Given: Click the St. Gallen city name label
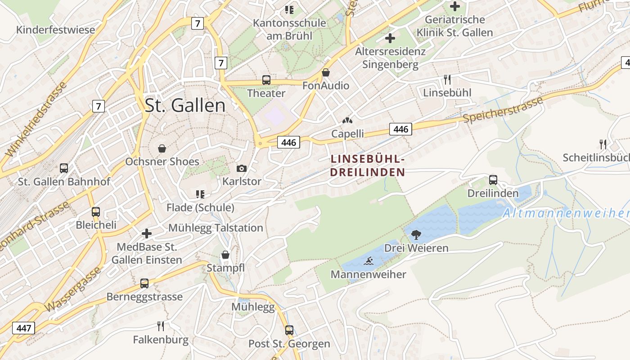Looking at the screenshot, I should tap(185, 105).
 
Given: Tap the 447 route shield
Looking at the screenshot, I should tap(23, 328).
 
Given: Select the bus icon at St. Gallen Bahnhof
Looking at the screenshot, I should tap(64, 168).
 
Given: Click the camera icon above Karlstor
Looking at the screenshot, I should tap(242, 168).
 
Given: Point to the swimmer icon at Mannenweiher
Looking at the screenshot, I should tap(369, 261).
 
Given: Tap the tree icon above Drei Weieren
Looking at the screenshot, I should tap(416, 234).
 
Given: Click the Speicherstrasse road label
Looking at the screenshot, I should tap(503, 110).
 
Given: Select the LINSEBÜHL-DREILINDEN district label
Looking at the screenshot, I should tap(368, 166).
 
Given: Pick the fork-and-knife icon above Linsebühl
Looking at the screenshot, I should tap(447, 80).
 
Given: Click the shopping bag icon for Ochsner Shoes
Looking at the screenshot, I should tap(162, 148).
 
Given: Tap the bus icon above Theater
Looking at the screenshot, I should tap(266, 80).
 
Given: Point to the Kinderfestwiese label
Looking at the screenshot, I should tap(56, 30).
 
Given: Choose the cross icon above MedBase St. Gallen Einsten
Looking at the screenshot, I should tap(147, 234).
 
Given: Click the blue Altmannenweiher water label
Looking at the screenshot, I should tap(566, 213).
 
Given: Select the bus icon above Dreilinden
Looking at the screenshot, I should tap(493, 180).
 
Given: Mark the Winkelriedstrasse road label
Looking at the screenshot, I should tap(36, 119).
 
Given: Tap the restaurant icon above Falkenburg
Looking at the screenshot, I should tap(161, 326).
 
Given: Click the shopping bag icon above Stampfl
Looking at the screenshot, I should tap(225, 255).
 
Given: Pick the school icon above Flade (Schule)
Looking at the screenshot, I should tap(200, 194).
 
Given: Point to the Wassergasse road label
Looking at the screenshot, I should tap(73, 289).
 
